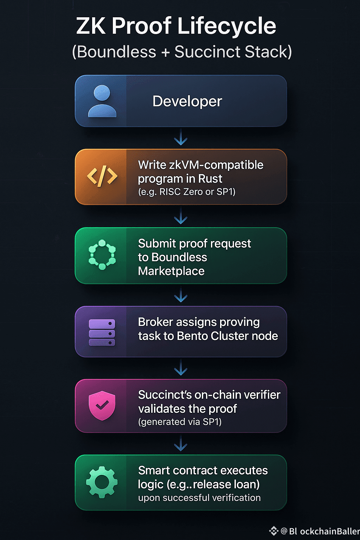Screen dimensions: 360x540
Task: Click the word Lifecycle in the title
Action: [227, 26]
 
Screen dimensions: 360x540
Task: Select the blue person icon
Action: [102, 101]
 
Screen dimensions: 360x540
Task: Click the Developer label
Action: [187, 102]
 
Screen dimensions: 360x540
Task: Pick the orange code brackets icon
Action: [102, 176]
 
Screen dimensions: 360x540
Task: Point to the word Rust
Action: [210, 179]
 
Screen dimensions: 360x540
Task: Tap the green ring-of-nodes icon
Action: [102, 255]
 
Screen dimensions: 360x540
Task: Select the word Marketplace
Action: [171, 271]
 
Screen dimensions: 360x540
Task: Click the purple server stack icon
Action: [102, 332]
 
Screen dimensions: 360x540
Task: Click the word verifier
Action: [262, 395]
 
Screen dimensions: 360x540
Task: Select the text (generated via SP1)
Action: [180, 422]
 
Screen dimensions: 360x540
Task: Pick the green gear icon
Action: [102, 482]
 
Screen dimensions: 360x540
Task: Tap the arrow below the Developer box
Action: [181, 137]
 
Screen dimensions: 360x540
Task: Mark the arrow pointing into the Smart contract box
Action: [181, 444]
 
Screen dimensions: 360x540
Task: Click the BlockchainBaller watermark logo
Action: [274, 531]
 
